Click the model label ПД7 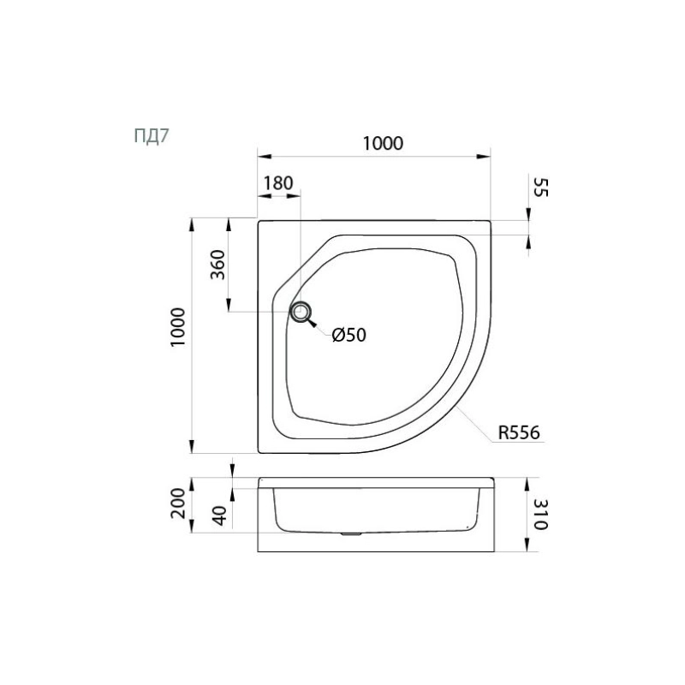click(152, 136)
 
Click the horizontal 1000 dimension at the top click(383, 143)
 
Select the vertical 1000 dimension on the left click(178, 327)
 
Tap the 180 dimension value click(278, 183)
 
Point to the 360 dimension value click(217, 265)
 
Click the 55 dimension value click(540, 188)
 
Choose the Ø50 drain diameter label click(348, 335)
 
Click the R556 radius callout click(519, 432)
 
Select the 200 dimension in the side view click(178, 503)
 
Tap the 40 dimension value click(220, 515)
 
